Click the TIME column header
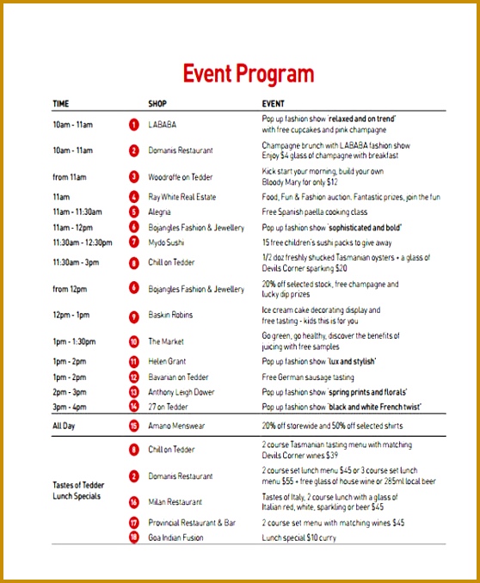[61, 104]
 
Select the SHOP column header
[157, 104]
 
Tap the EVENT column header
[274, 104]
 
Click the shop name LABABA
[162, 125]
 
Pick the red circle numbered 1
[133, 125]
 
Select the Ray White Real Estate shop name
[182, 197]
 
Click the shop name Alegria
[160, 212]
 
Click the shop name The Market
[166, 341]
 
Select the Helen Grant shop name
[167, 362]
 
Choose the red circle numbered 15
[133, 426]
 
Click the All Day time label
[65, 426]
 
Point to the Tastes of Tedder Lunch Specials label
[77, 491]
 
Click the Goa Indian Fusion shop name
[176, 537]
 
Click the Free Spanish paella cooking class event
[314, 212]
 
